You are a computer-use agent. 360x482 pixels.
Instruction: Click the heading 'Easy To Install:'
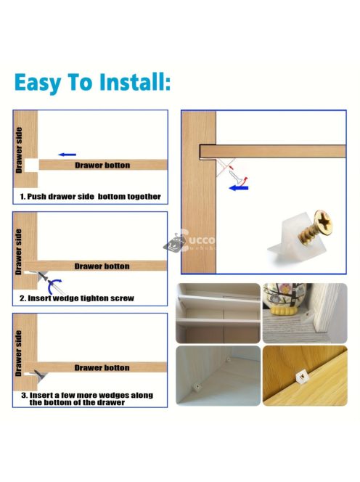pyautogui.click(x=92, y=82)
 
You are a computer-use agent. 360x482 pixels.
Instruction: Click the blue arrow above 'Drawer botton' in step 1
pyautogui.click(x=67, y=155)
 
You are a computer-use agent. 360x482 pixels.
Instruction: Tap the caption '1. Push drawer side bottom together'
pyautogui.click(x=90, y=197)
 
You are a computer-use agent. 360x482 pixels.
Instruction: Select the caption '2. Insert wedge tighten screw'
pyautogui.click(x=77, y=298)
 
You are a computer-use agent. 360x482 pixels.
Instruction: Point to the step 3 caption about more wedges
pyautogui.click(x=87, y=399)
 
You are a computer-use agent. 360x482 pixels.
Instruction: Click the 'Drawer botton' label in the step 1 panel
pyautogui.click(x=102, y=166)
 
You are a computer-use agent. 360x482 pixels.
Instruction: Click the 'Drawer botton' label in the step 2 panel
pyautogui.click(x=102, y=266)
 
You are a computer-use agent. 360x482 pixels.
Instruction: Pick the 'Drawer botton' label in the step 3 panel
pyautogui.click(x=102, y=367)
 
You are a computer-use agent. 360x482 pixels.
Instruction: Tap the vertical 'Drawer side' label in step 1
pyautogui.click(x=19, y=150)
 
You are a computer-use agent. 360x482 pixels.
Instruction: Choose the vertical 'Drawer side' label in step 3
pyautogui.click(x=18, y=354)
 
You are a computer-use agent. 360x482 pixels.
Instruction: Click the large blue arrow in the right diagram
pyautogui.click(x=239, y=187)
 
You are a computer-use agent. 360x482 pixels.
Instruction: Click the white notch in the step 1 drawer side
pyautogui.click(x=31, y=166)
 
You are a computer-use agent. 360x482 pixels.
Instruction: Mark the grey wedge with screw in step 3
pyautogui.click(x=40, y=375)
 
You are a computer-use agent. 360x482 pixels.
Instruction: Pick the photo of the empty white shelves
pyautogui.click(x=218, y=313)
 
